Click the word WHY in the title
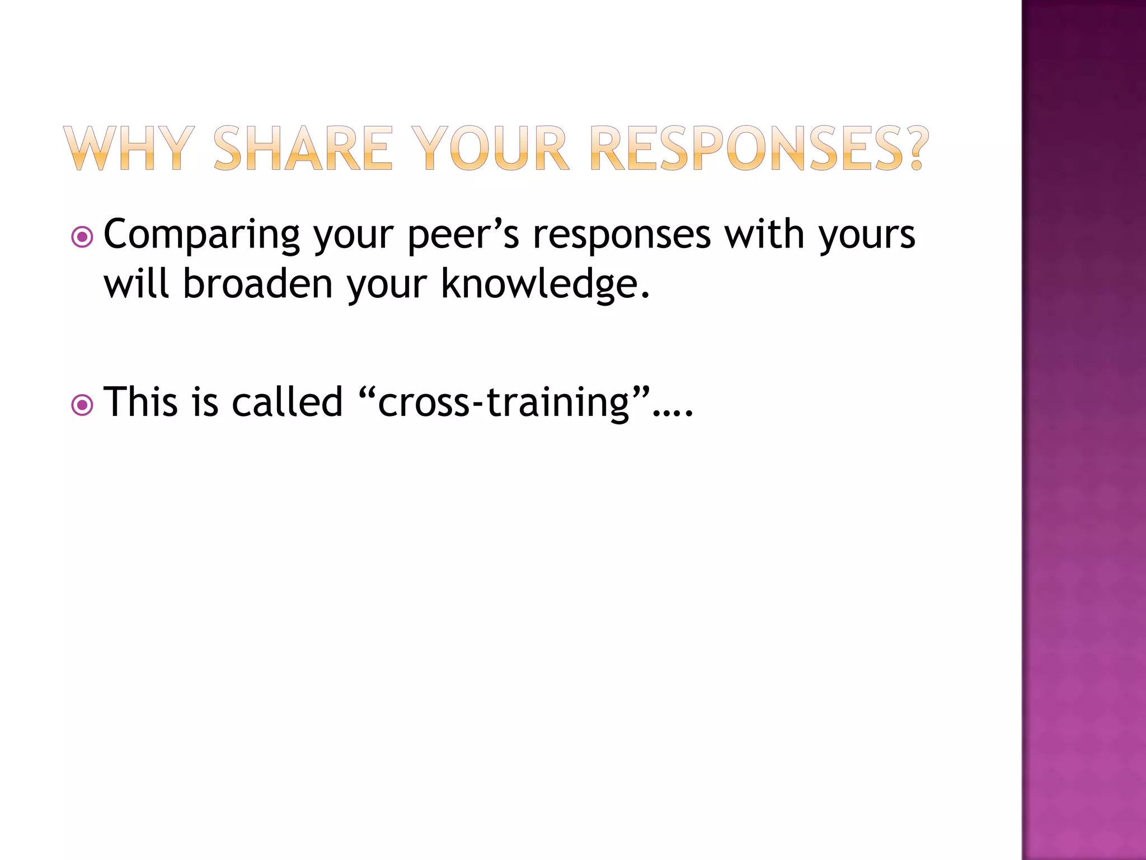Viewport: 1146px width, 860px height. coord(129,148)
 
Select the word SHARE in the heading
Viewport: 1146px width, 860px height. coord(303,148)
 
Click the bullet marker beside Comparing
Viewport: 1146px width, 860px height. coord(82,237)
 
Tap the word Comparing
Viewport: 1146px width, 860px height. coord(201,235)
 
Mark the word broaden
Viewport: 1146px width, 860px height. coord(258,283)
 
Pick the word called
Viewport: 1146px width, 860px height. coord(287,401)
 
